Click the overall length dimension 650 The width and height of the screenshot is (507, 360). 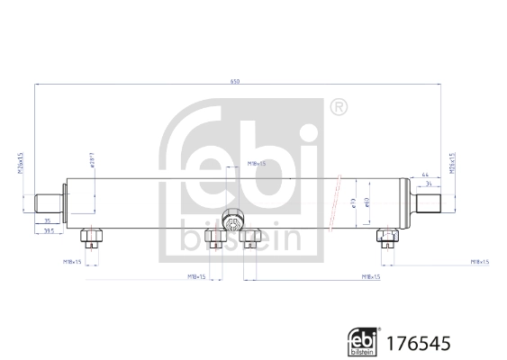pyautogui.click(x=235, y=82)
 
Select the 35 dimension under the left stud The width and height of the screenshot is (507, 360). pyautogui.click(x=47, y=220)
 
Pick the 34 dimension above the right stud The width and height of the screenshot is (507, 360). pyautogui.click(x=429, y=184)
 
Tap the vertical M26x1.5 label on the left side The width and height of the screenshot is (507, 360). pyautogui.click(x=21, y=166)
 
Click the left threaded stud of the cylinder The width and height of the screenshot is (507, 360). pyautogui.click(x=46, y=200)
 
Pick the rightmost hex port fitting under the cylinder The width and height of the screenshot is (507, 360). pyautogui.click(x=386, y=238)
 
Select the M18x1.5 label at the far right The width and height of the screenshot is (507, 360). pyautogui.click(x=479, y=261)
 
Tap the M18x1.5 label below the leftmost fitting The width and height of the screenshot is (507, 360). pyautogui.click(x=72, y=261)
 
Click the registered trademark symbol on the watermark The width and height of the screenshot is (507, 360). pyautogui.click(x=338, y=107)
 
